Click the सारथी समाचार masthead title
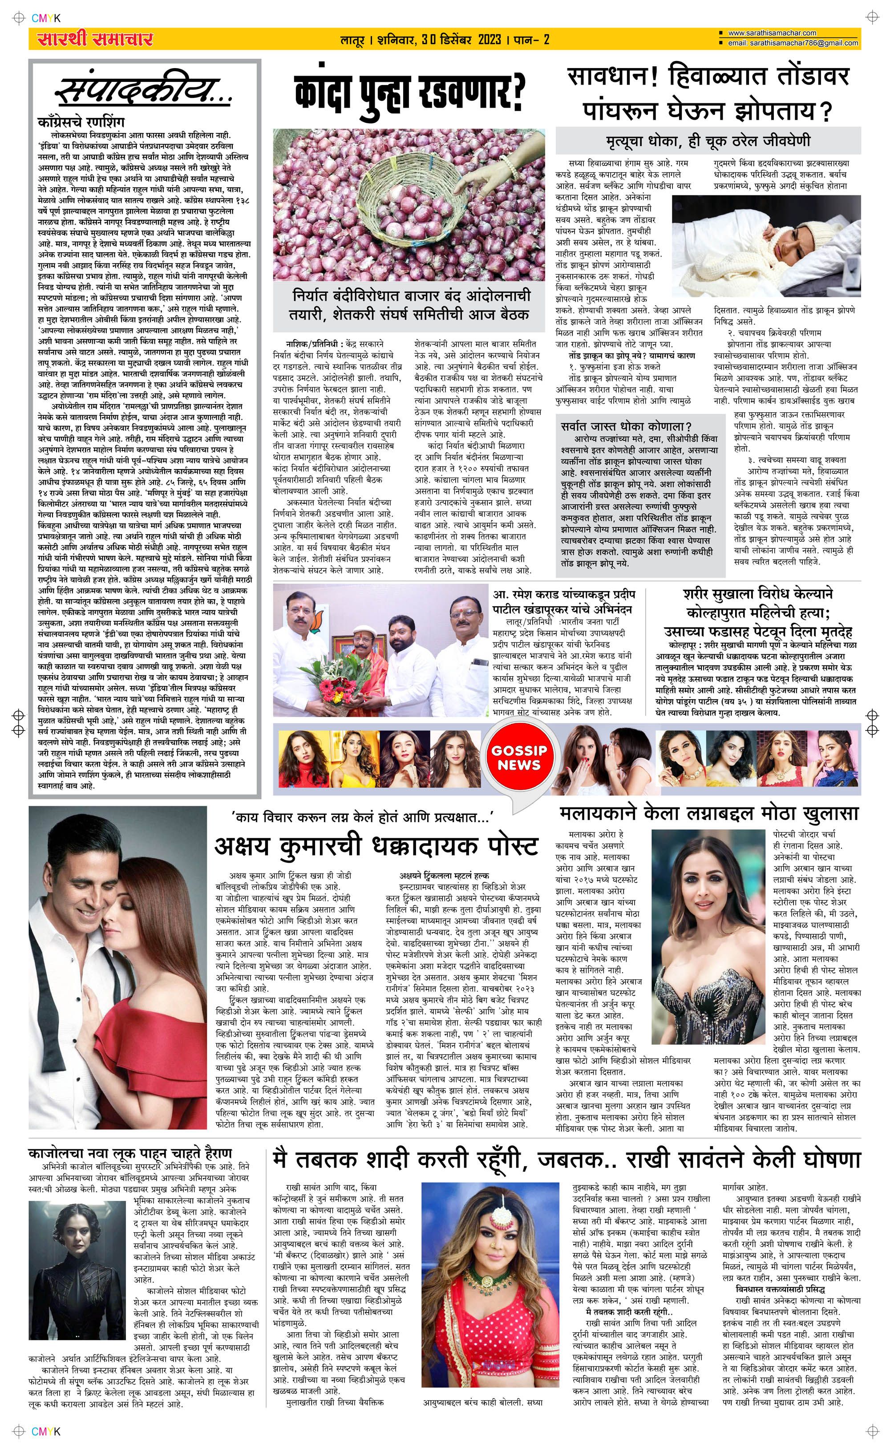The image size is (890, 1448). (95, 40)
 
